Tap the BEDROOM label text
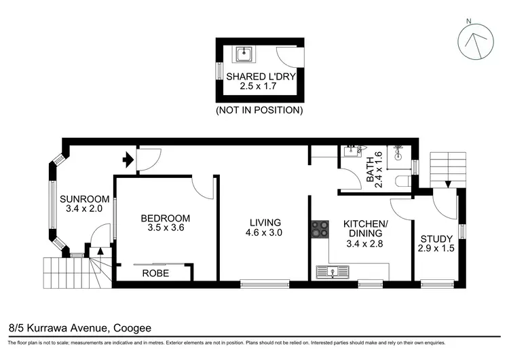pos(165,218)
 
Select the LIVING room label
pos(265,222)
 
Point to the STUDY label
pos(436,239)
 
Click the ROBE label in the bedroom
pos(155,273)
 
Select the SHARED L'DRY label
pos(261,77)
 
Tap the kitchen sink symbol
pos(333,272)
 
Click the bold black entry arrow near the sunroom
pos(127,160)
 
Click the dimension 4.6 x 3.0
pos(265,232)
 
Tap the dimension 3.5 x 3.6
pos(165,228)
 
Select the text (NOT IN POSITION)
pos(259,109)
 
